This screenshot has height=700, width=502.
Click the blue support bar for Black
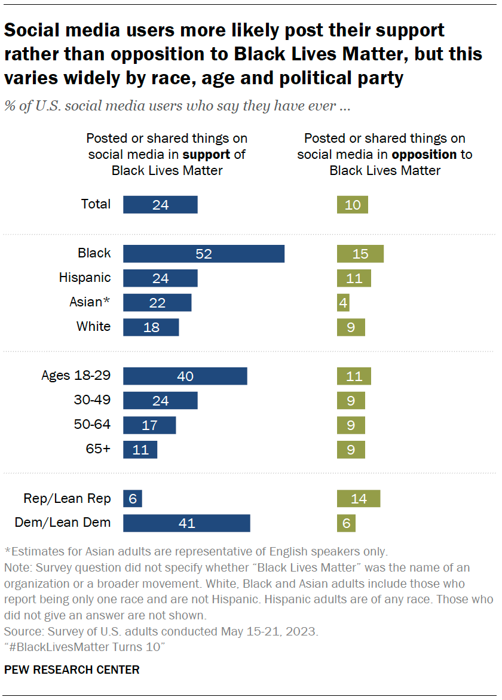click(x=204, y=253)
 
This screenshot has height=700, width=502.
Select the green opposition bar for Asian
click(x=343, y=302)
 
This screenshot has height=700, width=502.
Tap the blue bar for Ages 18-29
click(x=185, y=376)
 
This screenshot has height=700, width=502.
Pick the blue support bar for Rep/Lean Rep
click(x=133, y=499)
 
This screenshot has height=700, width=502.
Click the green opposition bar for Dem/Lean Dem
click(x=347, y=523)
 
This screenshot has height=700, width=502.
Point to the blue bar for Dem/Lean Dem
click(x=186, y=523)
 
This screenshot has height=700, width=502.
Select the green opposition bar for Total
click(x=353, y=204)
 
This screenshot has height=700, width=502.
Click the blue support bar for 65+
click(x=140, y=450)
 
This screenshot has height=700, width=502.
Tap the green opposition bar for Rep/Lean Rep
click(x=359, y=499)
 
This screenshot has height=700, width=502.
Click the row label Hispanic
click(x=85, y=278)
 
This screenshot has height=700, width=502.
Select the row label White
click(x=93, y=327)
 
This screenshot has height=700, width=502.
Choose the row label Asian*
click(x=90, y=302)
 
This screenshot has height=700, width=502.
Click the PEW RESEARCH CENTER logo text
click(x=72, y=670)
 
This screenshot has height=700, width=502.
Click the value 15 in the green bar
click(x=360, y=253)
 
